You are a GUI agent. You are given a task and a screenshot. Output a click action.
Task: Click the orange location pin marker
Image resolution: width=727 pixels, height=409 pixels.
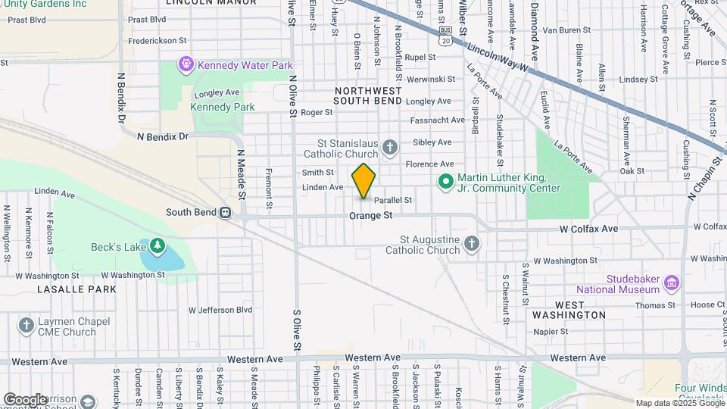pyautogui.click(x=363, y=181)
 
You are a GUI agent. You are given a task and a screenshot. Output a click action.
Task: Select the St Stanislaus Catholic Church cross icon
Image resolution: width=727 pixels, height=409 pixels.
pyautogui.click(x=390, y=147)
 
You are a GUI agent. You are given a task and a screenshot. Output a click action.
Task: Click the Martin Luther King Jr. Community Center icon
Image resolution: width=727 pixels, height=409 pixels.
pyautogui.click(x=445, y=181)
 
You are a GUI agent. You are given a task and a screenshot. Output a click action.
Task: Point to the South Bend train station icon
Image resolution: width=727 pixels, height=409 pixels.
pyautogui.click(x=226, y=213)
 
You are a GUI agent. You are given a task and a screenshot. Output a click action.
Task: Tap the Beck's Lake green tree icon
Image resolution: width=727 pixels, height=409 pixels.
pyautogui.click(x=157, y=245)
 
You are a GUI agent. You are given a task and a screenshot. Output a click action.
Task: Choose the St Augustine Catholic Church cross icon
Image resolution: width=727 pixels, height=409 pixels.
pyautogui.click(x=472, y=243)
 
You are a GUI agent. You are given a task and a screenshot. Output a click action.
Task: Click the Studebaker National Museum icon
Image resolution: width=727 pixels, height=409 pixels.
pyautogui.click(x=671, y=283)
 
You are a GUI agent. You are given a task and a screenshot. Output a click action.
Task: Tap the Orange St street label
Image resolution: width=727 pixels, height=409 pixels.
pyautogui.click(x=371, y=216)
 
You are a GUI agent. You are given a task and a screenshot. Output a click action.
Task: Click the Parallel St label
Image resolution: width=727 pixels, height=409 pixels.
pyautogui.click(x=393, y=200)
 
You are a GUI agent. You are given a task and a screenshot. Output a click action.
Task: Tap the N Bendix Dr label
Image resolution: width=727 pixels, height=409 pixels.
pyautogui.click(x=162, y=136)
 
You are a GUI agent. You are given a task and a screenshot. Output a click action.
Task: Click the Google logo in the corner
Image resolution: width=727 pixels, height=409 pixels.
pyautogui.click(x=25, y=399)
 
